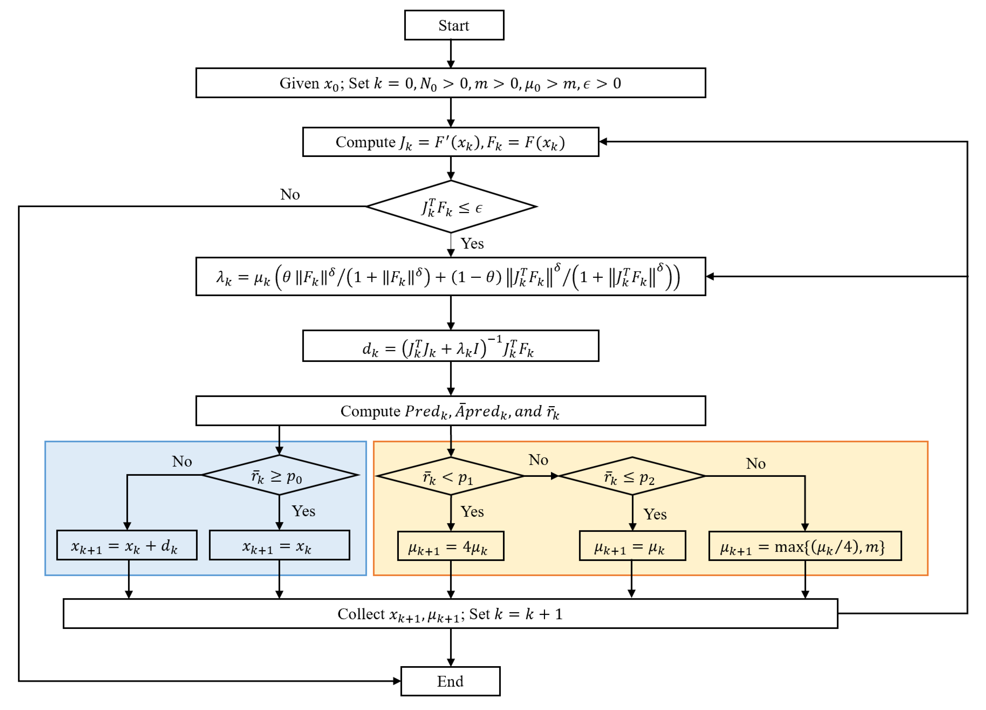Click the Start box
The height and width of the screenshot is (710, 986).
454,25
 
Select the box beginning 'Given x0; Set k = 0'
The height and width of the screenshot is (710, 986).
450,82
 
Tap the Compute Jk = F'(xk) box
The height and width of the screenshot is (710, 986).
450,142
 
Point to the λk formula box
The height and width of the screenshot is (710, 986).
450,277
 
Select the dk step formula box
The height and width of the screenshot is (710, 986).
450,346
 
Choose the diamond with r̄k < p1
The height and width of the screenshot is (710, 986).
450,476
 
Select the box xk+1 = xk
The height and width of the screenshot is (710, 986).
279,545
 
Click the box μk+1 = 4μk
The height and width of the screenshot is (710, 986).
450,546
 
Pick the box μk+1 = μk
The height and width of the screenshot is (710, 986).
632,546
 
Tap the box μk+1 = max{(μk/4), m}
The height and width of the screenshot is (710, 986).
804,546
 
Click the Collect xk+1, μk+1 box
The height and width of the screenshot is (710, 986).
450,614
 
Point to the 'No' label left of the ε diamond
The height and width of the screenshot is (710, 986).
290,194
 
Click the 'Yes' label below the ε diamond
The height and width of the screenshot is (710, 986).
472,244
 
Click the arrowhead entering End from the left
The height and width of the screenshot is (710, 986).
397,681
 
